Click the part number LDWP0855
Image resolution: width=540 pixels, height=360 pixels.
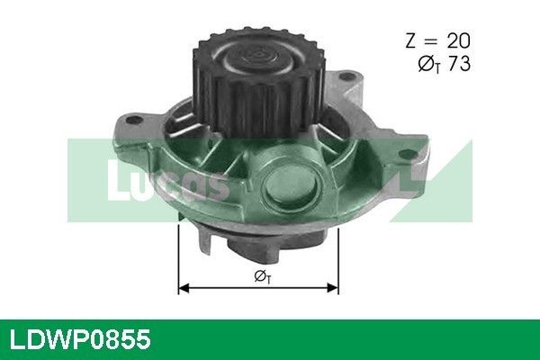80,339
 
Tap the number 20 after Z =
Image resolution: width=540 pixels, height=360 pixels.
458,41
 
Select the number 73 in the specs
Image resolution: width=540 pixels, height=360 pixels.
459,64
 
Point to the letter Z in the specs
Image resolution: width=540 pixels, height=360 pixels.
411,41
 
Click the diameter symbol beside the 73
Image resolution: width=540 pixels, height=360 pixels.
428,65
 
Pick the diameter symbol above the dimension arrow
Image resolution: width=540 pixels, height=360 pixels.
263,276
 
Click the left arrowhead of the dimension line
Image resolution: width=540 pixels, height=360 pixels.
184,288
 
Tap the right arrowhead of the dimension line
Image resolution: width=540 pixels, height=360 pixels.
333,288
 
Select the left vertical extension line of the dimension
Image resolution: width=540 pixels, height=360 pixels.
178,259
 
